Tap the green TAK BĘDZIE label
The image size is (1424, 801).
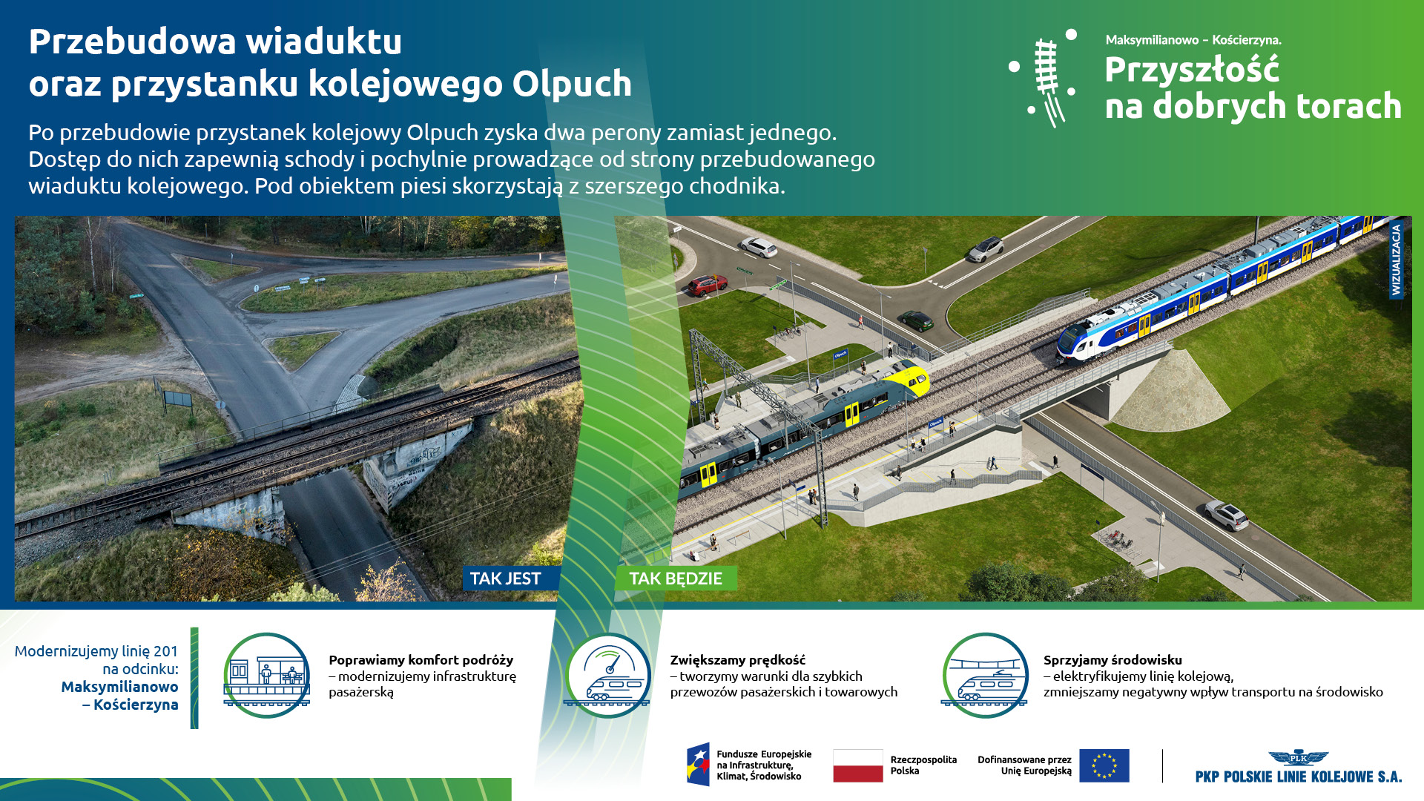pyautogui.click(x=676, y=578)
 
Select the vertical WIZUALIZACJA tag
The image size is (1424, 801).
pyautogui.click(x=1396, y=260)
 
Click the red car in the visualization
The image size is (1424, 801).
pyautogui.click(x=707, y=285)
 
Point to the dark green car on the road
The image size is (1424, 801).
pyautogui.click(x=917, y=320)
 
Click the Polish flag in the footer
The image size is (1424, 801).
pyautogui.click(x=857, y=765)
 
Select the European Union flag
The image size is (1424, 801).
pyautogui.click(x=1104, y=765)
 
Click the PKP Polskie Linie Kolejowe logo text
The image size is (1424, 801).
pyautogui.click(x=1298, y=777)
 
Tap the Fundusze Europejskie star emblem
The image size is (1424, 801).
pyautogui.click(x=698, y=765)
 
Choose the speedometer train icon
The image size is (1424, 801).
pyautogui.click(x=607, y=675)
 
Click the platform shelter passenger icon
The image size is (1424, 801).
pyautogui.click(x=266, y=675)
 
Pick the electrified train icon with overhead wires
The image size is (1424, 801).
pyautogui.click(x=985, y=675)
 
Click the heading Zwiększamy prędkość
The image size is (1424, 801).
pyautogui.click(x=737, y=660)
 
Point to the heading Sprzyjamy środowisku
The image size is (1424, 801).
pyautogui.click(x=1112, y=660)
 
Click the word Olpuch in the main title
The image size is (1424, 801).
pyautogui.click(x=572, y=85)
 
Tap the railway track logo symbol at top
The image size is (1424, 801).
pyautogui.click(x=1046, y=78)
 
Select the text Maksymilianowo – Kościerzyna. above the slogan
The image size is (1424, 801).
pyautogui.click(x=1193, y=40)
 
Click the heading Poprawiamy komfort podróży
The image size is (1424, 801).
pyautogui.click(x=421, y=660)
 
